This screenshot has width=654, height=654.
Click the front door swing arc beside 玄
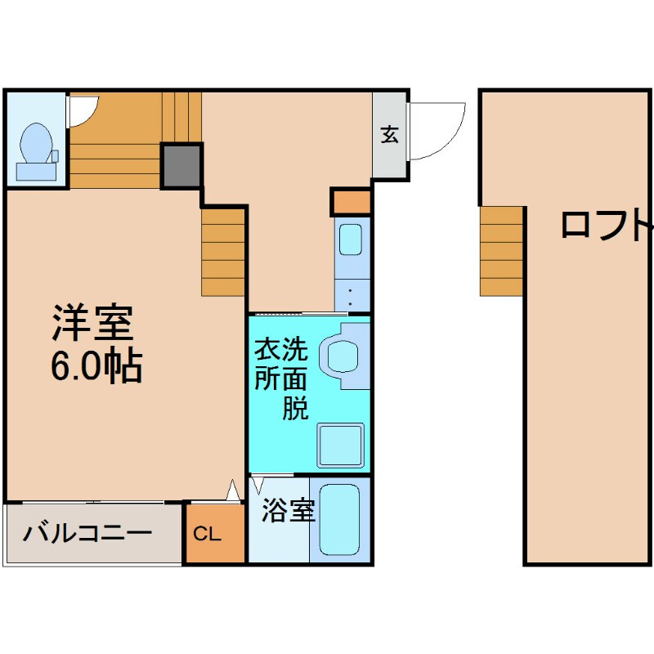click(x=437, y=131)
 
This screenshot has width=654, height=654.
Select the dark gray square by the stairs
click(x=181, y=165)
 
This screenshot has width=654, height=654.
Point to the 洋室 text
click(x=93, y=323)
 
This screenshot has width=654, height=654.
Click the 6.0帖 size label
click(x=96, y=368)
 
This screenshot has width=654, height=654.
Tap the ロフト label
click(x=606, y=225)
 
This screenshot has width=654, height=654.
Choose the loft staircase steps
click(x=501, y=251)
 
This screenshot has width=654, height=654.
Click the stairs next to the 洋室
click(x=223, y=252)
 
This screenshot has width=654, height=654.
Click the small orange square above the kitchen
click(x=352, y=201)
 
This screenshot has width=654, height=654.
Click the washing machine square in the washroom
click(x=340, y=446)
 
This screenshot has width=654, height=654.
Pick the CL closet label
click(x=207, y=535)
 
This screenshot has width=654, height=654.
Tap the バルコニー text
click(x=87, y=534)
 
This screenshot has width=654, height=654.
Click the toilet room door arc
click(x=82, y=113)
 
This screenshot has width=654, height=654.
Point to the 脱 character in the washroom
click(x=295, y=407)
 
